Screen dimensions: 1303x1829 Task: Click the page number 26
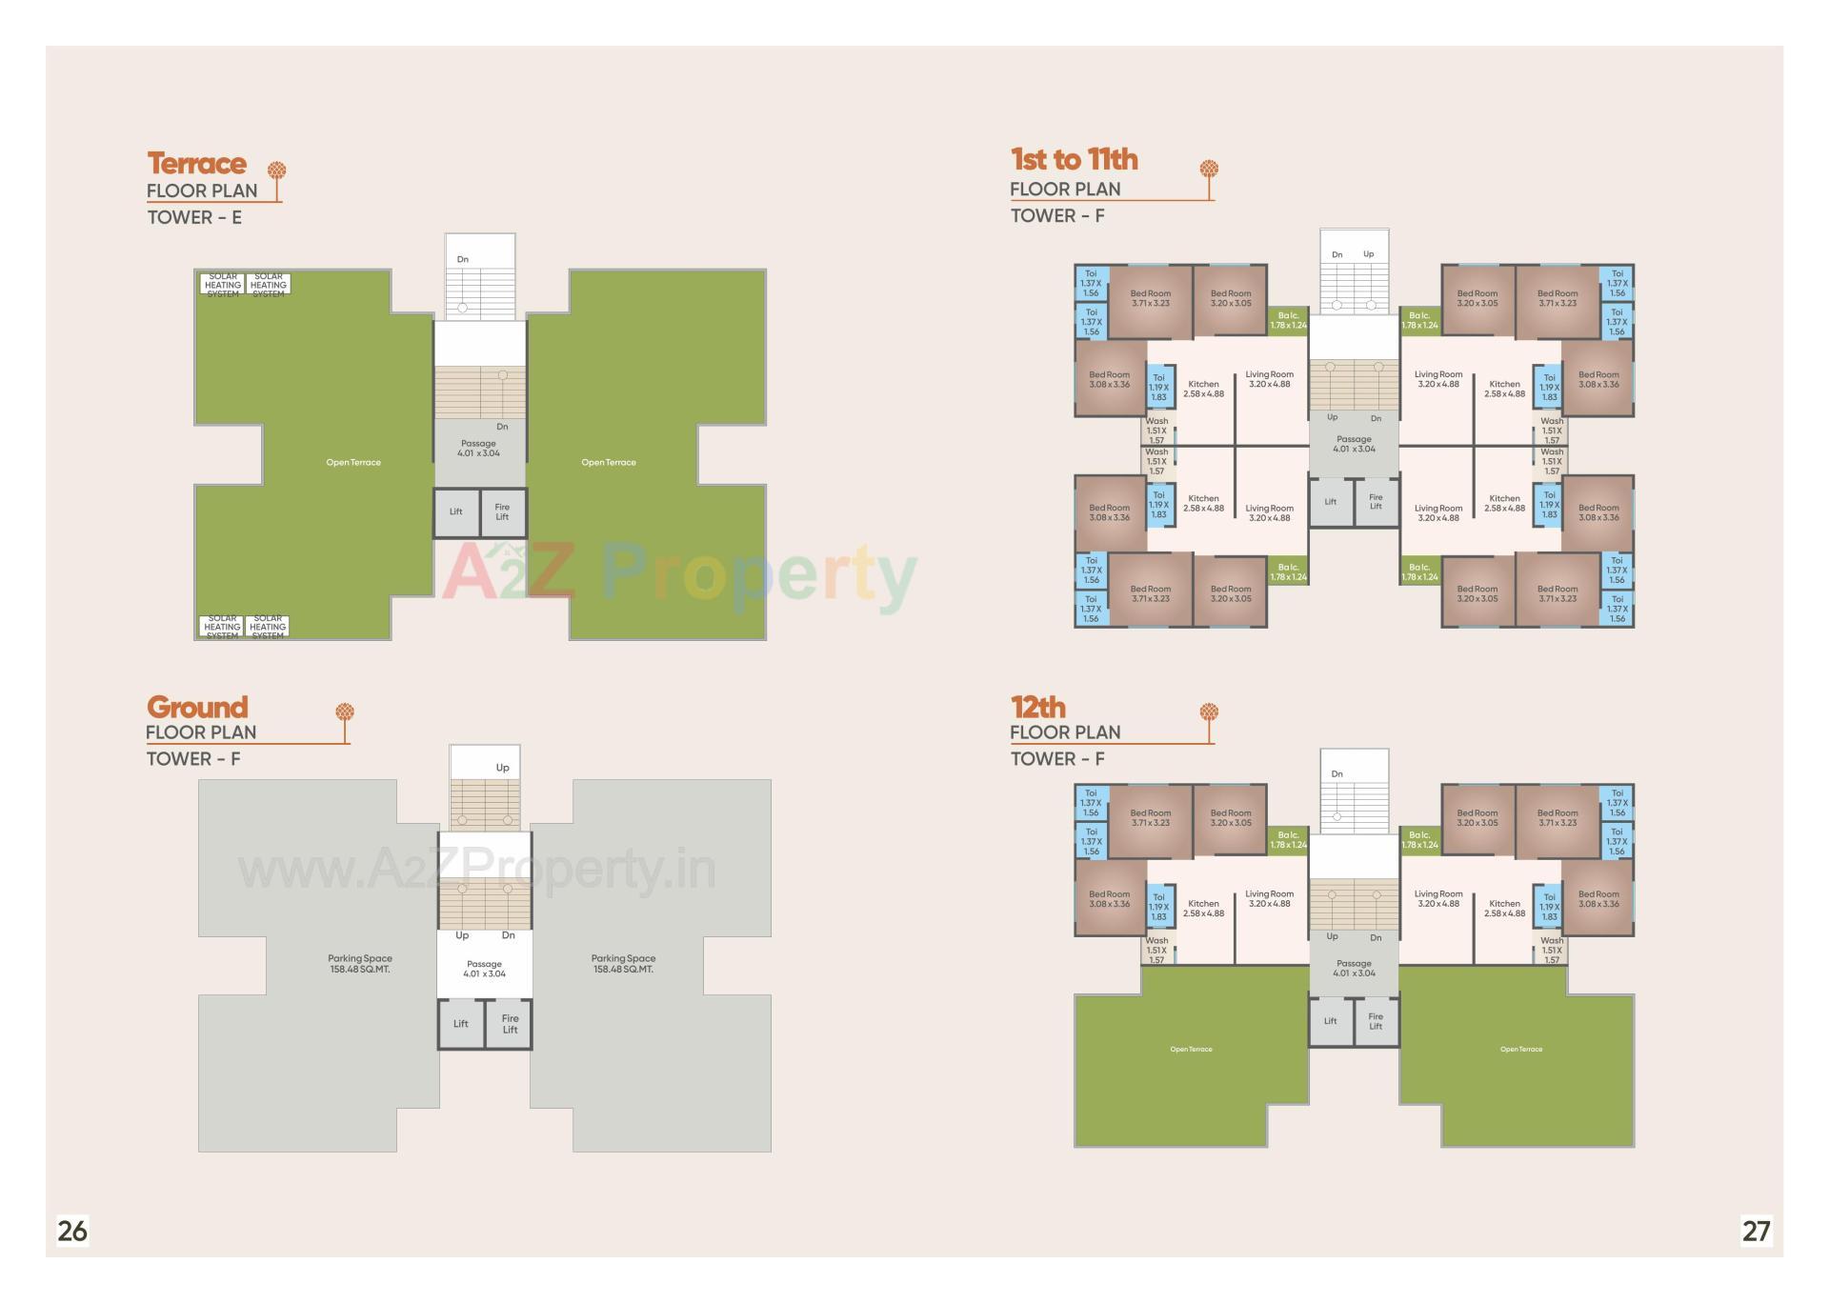(72, 1231)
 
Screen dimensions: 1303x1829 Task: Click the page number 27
(1756, 1231)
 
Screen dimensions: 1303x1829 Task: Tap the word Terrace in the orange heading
(196, 164)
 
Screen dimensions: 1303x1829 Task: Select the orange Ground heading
(197, 707)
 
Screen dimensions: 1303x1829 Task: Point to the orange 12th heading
(1037, 707)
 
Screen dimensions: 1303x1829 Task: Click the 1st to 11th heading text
(1074, 159)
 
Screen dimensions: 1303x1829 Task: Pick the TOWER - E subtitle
(194, 217)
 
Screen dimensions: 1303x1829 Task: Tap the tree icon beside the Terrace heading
(276, 172)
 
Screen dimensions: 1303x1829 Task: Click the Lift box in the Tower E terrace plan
(456, 512)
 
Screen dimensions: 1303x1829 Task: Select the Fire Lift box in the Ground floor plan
(510, 1024)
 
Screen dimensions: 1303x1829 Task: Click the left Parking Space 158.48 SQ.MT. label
(360, 964)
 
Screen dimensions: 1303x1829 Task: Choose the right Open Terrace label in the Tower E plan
(609, 463)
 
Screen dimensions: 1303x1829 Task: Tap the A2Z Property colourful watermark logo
(678, 573)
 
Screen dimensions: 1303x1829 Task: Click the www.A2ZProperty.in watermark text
(476, 869)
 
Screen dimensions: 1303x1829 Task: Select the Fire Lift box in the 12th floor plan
(1376, 1021)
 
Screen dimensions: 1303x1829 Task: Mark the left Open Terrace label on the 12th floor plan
(1191, 1050)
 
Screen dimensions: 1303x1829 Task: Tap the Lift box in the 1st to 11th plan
(1331, 502)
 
